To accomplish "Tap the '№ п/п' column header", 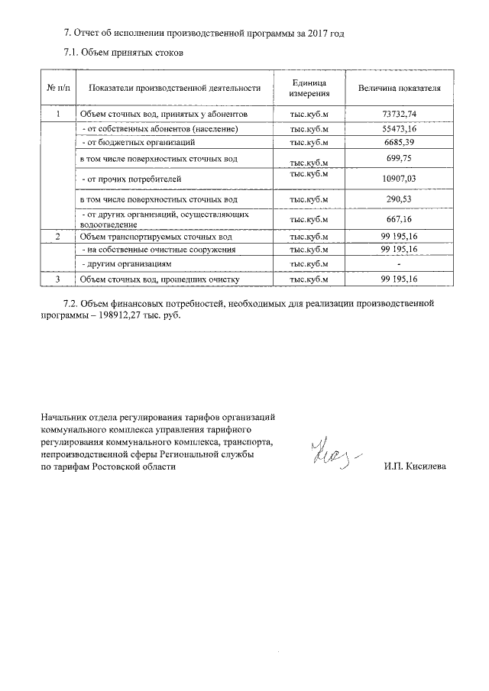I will (x=58, y=89).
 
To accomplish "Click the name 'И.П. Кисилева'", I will (x=416, y=467).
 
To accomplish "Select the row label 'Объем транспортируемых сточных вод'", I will (x=146, y=237).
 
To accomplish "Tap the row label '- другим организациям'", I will (x=126, y=263).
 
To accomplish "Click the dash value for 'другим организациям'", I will (x=400, y=263).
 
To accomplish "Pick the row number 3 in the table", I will (x=58, y=279).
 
